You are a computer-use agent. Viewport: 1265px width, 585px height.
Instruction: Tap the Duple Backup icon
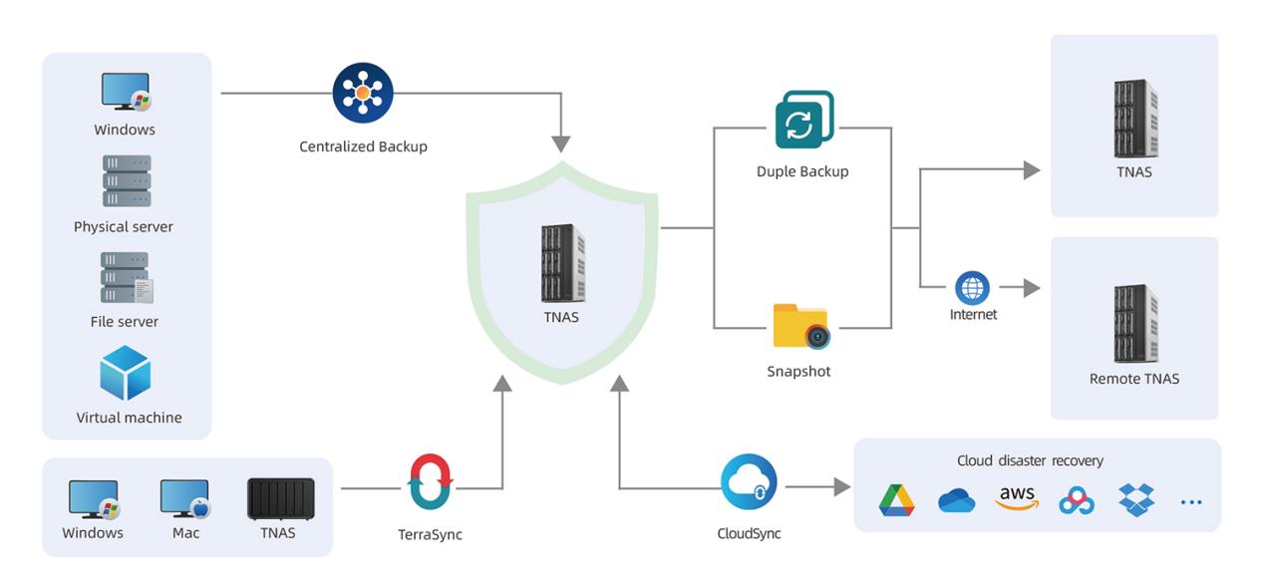pyautogui.click(x=803, y=121)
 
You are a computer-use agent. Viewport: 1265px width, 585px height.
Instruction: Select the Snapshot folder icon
pyautogui.click(x=800, y=326)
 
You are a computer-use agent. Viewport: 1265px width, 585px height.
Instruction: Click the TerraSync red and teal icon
pyautogui.click(x=432, y=482)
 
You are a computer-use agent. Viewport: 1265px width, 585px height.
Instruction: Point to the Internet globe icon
pyautogui.click(x=972, y=288)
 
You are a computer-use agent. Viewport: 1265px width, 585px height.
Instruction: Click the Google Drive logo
pyautogui.click(x=896, y=500)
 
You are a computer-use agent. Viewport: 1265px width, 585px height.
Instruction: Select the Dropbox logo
pyautogui.click(x=1137, y=500)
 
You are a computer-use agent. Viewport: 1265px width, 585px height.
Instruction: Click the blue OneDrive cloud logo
pyautogui.click(x=956, y=501)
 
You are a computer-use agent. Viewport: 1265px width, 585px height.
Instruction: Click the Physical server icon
pyautogui.click(x=127, y=181)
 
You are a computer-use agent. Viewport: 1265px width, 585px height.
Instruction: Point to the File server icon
pyautogui.click(x=127, y=278)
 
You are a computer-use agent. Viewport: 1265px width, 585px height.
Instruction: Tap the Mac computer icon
pyautogui.click(x=185, y=499)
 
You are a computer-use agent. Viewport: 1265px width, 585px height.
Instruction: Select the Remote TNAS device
pyautogui.click(x=1135, y=323)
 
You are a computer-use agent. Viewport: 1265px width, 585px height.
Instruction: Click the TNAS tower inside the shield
pyautogui.click(x=563, y=262)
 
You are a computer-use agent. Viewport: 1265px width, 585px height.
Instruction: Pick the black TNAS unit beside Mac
pyautogui.click(x=281, y=498)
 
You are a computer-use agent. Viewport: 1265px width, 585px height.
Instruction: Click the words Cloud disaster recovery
pyautogui.click(x=1030, y=461)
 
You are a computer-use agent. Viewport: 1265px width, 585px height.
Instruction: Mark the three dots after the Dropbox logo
pyautogui.click(x=1191, y=502)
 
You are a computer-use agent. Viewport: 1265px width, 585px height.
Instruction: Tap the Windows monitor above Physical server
pyautogui.click(x=126, y=93)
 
